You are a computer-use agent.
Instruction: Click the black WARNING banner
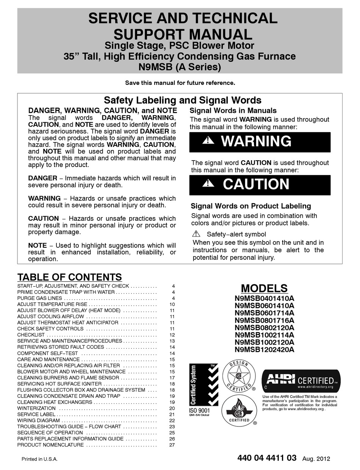(x=260, y=142)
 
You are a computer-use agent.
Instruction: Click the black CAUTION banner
(x=260, y=184)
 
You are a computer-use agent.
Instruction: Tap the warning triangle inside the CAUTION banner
(x=208, y=184)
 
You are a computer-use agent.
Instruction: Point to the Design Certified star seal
(x=238, y=376)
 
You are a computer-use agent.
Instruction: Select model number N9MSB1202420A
(x=264, y=350)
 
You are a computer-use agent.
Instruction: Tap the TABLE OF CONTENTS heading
(x=70, y=277)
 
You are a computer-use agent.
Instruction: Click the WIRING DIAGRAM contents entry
(x=38, y=420)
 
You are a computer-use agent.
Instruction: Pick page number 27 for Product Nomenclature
(x=172, y=445)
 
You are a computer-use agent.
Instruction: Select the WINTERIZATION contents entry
(x=36, y=408)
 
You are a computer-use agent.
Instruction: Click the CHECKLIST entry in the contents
(x=31, y=335)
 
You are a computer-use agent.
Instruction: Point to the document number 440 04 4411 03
(x=267, y=458)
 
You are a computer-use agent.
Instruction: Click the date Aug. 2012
(x=316, y=459)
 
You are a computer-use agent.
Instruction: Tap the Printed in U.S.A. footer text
(x=39, y=459)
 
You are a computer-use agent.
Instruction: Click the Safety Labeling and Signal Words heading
(x=182, y=100)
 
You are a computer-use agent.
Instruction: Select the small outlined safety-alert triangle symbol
(x=196, y=234)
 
